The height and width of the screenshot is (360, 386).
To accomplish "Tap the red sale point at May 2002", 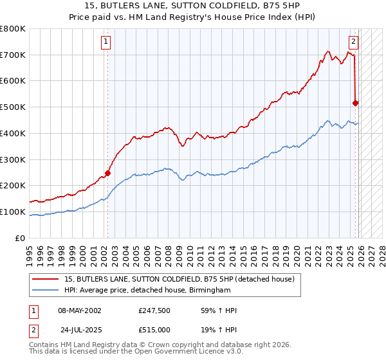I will tap(107, 173).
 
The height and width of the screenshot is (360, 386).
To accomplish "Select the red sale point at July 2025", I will tap(355, 102).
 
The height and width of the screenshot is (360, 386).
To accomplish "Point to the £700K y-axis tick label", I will tap(13, 55).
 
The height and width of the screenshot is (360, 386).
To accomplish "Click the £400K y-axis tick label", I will tap(13, 133).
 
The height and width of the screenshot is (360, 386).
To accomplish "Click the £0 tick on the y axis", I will tap(21, 238).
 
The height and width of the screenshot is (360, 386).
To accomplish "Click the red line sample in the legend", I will tap(46, 279).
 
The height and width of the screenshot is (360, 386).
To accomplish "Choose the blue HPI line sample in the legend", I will tap(46, 291).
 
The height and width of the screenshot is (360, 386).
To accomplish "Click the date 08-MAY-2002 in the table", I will tap(80, 310).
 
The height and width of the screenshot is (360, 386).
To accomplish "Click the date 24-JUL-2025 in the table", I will tap(82, 329).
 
